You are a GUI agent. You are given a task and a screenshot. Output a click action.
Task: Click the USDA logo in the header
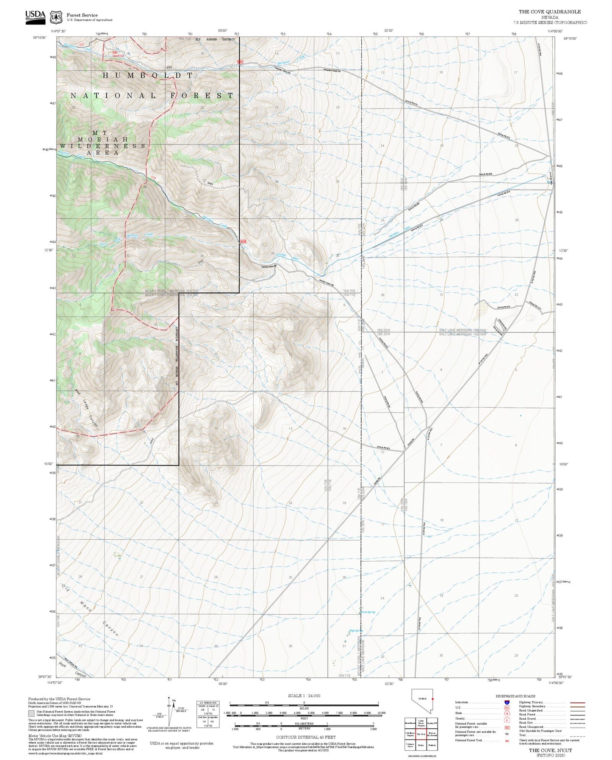tap(35, 15)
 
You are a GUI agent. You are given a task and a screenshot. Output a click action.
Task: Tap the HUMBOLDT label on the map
tap(148, 75)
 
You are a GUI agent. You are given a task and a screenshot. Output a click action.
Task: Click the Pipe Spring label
tap(356, 631)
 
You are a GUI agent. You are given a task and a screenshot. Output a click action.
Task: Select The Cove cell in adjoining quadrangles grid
tap(421, 734)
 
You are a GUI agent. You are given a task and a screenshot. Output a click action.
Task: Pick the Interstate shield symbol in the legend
tap(507, 702)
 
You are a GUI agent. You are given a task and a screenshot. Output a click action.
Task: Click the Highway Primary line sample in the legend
tap(577, 702)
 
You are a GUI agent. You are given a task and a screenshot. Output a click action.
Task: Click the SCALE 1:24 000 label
tap(304, 696)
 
